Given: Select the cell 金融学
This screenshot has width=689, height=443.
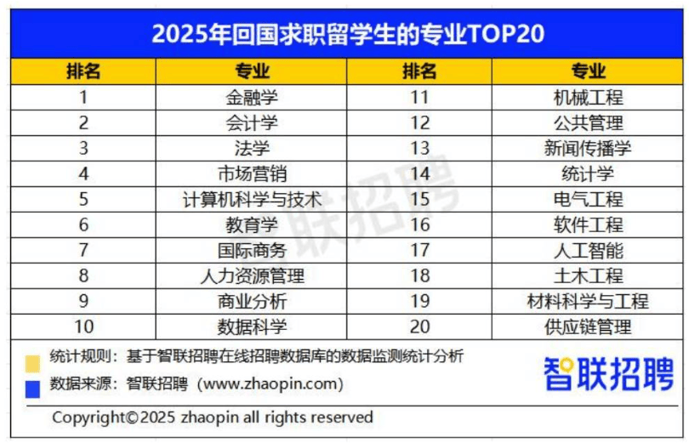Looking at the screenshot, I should [x=252, y=97].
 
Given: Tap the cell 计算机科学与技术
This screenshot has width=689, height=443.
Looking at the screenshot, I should [x=252, y=200].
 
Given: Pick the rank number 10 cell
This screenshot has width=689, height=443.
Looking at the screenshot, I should [x=83, y=327].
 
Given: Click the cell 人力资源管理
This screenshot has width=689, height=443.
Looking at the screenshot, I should [x=252, y=276].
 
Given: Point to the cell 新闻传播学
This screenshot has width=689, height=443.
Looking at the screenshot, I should [x=588, y=149].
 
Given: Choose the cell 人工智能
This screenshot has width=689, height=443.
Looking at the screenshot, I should [x=588, y=251].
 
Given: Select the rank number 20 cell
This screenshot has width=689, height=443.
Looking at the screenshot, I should [x=419, y=327].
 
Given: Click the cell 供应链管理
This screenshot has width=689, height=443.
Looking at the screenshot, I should [x=588, y=327].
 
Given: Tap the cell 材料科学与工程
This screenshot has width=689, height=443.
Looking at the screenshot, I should [x=588, y=302].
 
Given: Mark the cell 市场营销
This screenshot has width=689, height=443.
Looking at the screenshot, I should [x=252, y=174].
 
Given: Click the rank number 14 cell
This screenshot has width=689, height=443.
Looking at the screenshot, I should [x=419, y=174].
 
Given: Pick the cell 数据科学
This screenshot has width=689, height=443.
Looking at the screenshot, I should [x=252, y=327].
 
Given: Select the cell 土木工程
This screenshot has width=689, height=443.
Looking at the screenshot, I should [x=588, y=276].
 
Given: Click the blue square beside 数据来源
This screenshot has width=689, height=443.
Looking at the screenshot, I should [x=32, y=388].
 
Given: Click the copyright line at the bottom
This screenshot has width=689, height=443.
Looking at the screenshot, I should [x=213, y=417].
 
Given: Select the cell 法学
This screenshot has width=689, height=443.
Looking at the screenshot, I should [x=252, y=149].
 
